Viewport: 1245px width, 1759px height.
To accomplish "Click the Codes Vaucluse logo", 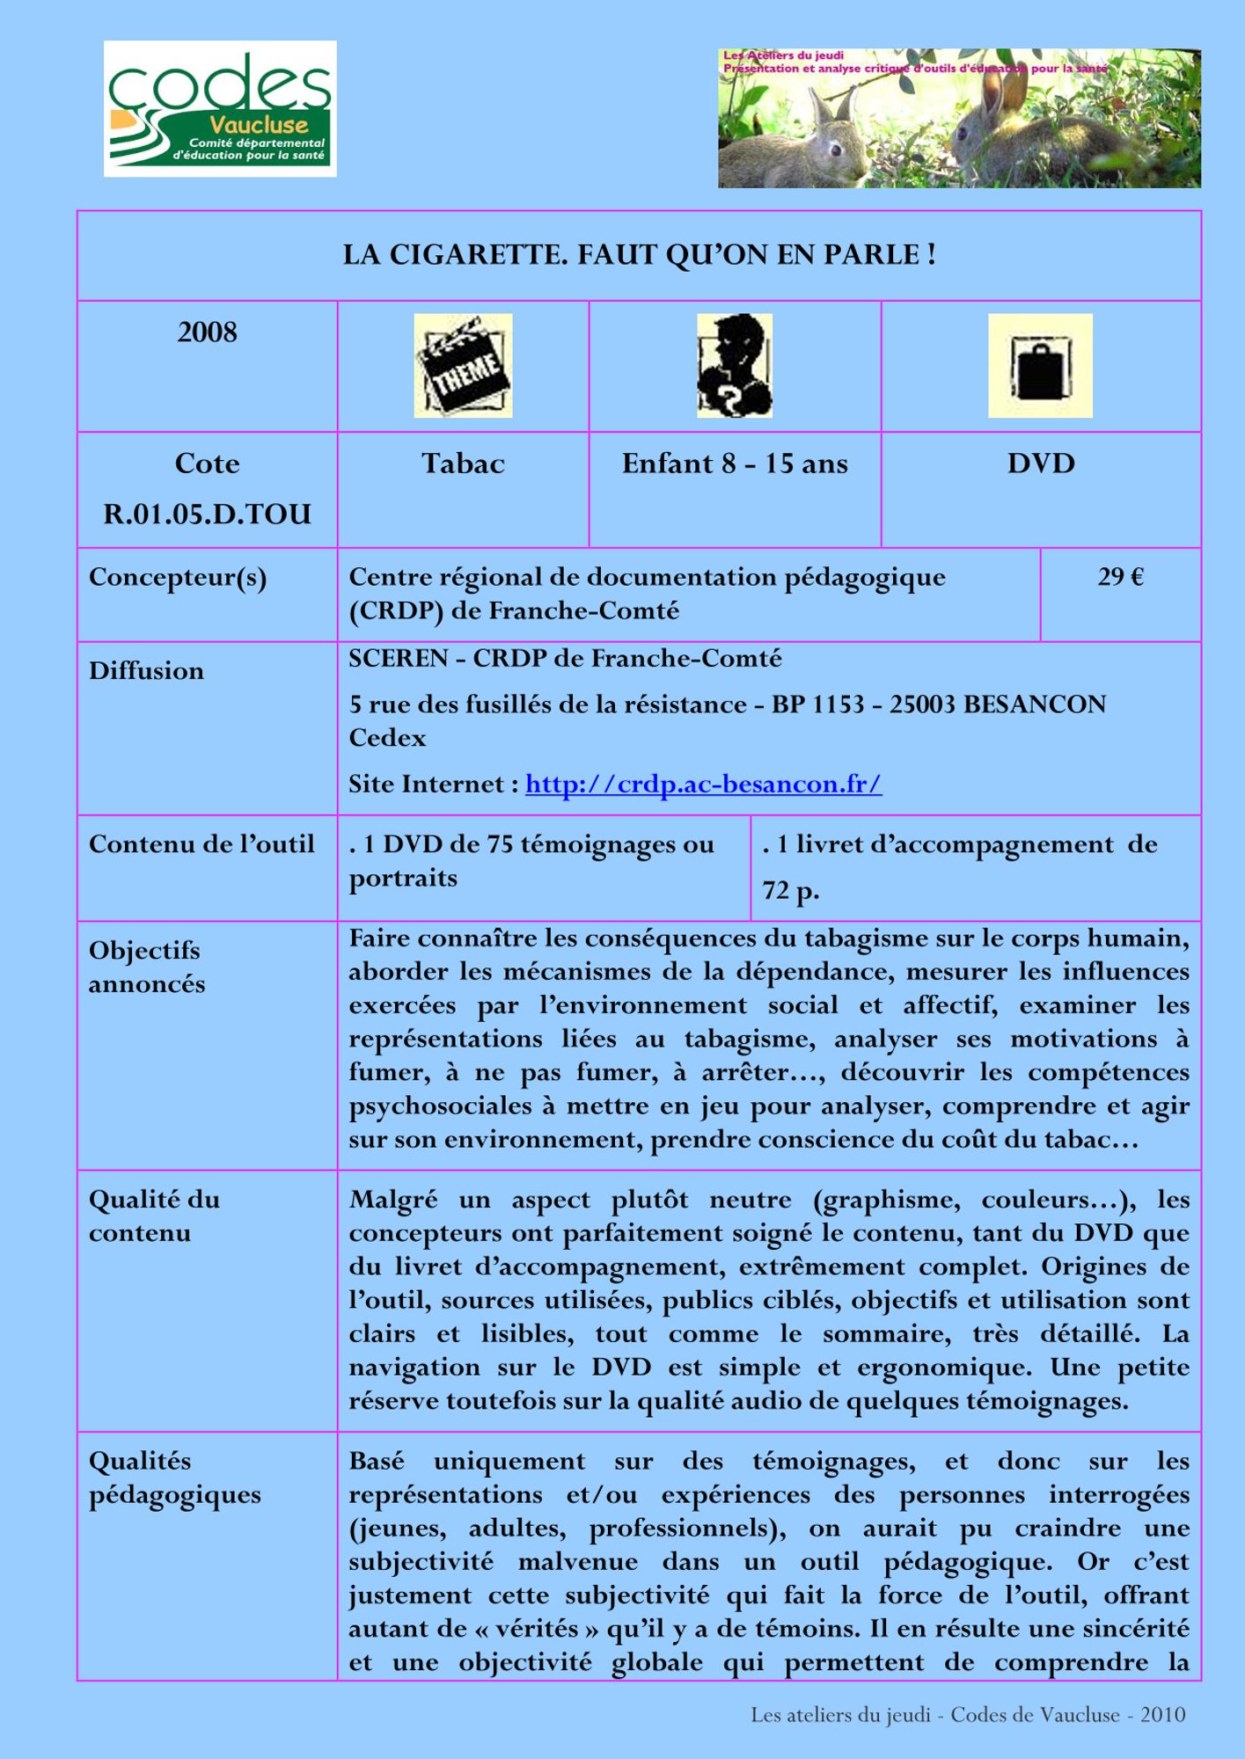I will pos(220,109).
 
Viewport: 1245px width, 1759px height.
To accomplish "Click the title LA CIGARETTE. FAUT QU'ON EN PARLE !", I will pos(639,255).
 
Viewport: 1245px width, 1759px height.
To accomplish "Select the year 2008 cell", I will pos(208,332).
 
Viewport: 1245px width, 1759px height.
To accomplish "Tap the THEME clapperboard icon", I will pos(463,366).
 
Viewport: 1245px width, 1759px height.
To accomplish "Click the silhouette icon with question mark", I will pos(735,366).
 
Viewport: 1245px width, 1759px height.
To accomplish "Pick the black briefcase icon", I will pos(1040,366).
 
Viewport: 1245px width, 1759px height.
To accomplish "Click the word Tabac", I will pos(463,463).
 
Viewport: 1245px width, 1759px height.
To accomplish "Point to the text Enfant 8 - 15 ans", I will pos(735,463).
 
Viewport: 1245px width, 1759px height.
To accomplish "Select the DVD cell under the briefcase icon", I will pos(1041,463).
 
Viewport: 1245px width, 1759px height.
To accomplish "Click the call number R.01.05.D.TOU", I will pos(208,514).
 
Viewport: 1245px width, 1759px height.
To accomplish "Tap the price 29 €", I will pos(1120,577).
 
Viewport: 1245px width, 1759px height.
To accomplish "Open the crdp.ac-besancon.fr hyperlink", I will pos(703,784).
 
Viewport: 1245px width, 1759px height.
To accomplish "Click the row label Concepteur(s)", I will pos(178,578).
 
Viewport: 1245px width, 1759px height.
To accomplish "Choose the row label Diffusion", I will pos(146,671).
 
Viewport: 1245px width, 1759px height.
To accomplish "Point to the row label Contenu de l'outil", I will pos(201,844).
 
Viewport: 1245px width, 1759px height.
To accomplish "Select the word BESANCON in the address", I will pos(1035,704).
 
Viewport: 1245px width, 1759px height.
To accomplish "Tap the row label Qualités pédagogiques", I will pos(174,1478).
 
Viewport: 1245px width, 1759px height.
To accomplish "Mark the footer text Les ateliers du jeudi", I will pos(840,1714).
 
